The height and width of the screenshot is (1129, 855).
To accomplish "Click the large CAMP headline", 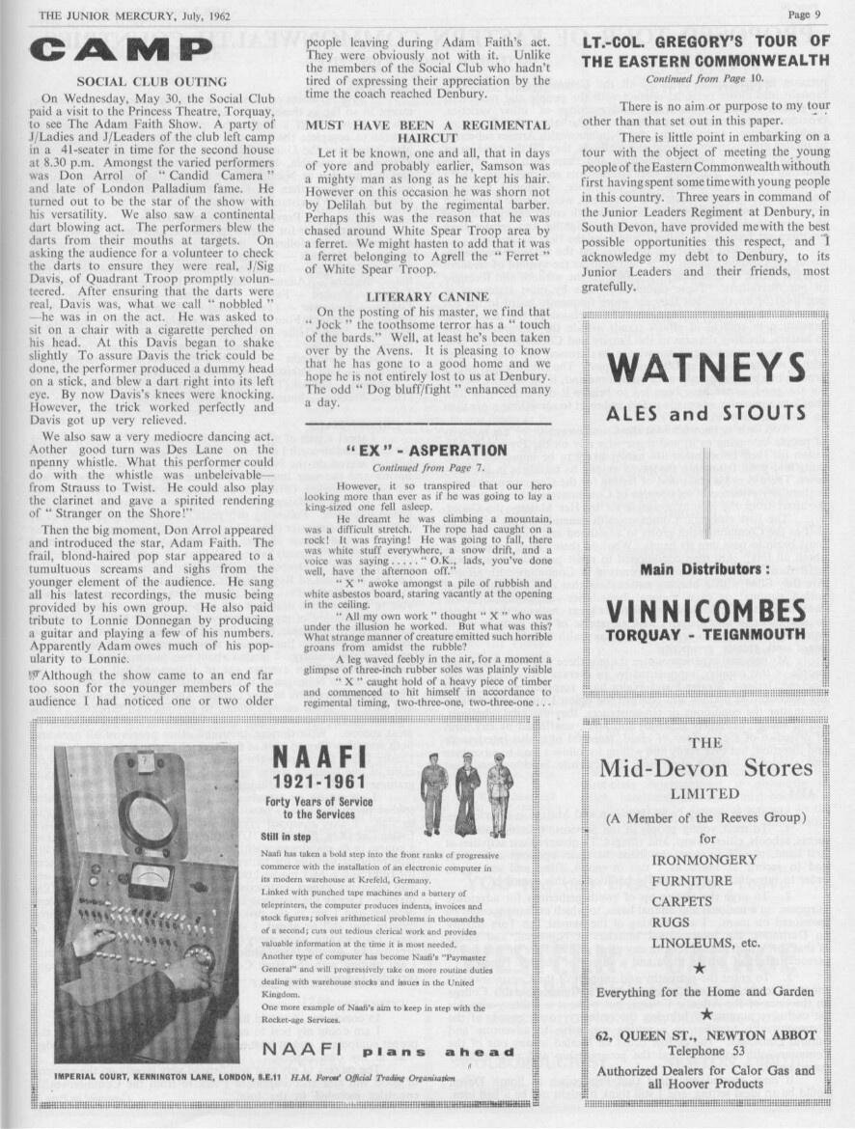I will coord(121,49).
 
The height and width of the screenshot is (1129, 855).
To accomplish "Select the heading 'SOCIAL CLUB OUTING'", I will coord(152,82).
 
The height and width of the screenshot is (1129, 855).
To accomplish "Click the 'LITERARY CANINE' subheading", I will coord(428,297).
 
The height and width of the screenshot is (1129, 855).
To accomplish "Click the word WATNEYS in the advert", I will coord(706,368).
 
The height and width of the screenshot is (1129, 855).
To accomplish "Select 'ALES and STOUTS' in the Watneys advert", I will coord(705,414).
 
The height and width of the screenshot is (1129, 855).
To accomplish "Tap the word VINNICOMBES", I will coord(705,611).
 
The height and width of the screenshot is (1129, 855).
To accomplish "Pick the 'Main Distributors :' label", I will coord(705,569).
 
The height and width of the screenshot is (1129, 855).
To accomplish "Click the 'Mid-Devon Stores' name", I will coord(705,769).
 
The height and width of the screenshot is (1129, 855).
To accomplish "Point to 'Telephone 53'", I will coord(705,1051).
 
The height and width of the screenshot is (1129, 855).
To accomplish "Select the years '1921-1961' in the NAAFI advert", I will coord(317,781).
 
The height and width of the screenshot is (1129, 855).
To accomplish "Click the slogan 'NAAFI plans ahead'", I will coord(388,1051).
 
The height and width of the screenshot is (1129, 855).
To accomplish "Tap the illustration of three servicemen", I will coord(466,793).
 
